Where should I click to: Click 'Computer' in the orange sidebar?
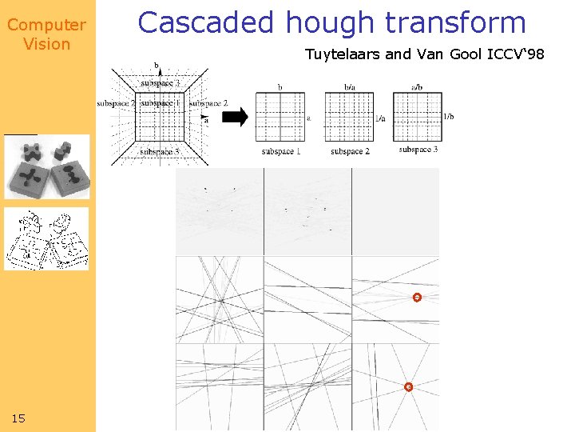(x=46, y=25)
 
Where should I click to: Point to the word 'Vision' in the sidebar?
(x=46, y=44)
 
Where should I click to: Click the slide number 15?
(x=18, y=418)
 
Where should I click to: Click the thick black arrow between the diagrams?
(x=234, y=117)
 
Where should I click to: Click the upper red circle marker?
(x=416, y=298)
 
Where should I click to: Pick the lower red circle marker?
(x=408, y=387)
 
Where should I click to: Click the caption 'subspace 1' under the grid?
(x=280, y=151)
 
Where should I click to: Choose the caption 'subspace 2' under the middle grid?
(x=349, y=151)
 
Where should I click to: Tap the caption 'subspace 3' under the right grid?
(x=418, y=150)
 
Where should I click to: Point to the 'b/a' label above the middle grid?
(x=349, y=86)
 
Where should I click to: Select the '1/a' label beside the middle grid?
(x=379, y=118)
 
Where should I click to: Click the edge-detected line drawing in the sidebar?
(x=46, y=239)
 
